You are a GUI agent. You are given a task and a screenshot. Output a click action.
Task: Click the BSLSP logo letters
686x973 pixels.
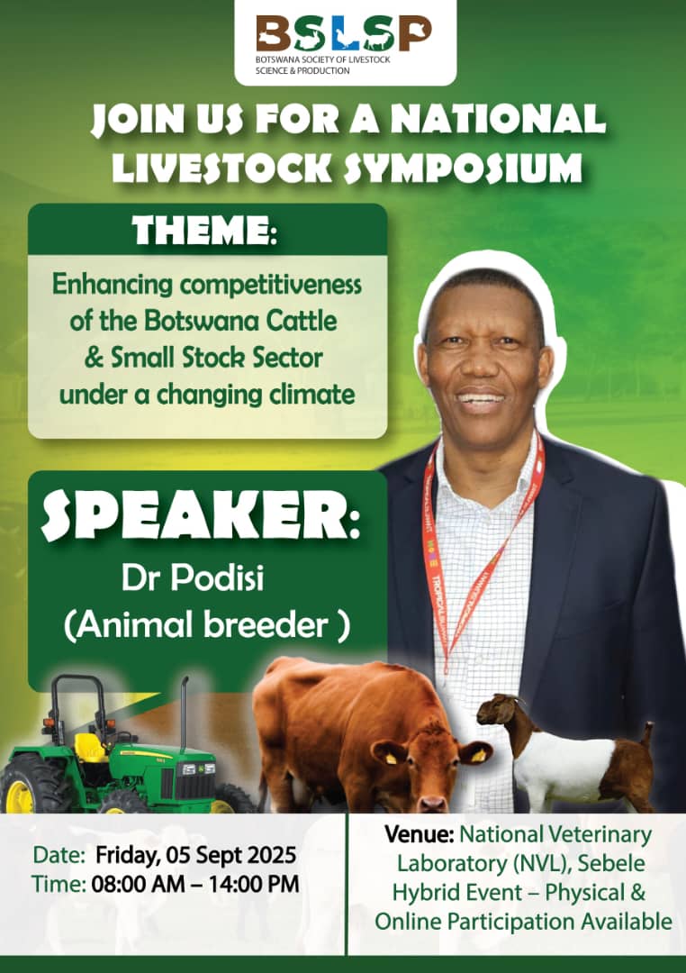tap(344, 34)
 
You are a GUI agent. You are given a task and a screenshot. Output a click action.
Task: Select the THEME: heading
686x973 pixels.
tap(204, 231)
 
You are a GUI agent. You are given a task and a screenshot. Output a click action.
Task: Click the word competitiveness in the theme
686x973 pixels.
tap(271, 285)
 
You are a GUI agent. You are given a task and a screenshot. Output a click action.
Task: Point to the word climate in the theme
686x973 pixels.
tap(312, 394)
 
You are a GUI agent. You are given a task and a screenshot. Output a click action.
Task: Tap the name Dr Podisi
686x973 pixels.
tap(193, 578)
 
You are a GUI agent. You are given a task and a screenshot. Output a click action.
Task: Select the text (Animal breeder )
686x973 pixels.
tap(207, 625)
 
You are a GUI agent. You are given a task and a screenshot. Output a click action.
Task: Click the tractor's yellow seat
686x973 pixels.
tap(91, 749)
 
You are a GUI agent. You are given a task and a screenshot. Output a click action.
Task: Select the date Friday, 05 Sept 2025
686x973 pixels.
tap(196, 856)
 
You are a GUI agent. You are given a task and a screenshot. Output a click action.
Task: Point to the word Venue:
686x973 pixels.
tap(420, 834)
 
